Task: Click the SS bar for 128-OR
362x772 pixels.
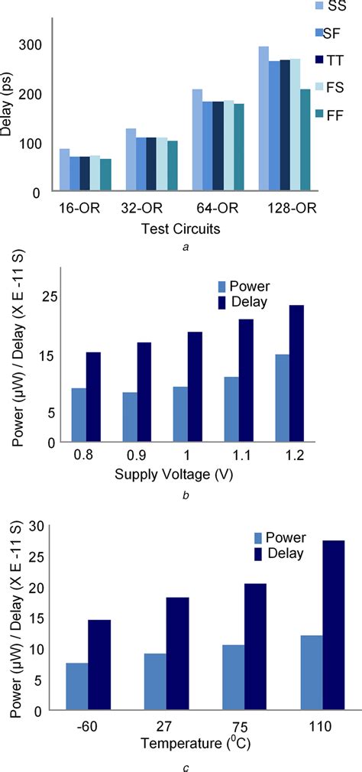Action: point(263,118)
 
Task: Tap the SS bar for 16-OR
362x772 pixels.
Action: point(64,170)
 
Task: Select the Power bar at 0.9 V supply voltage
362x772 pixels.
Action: point(130,417)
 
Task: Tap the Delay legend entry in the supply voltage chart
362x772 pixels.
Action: point(243,303)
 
